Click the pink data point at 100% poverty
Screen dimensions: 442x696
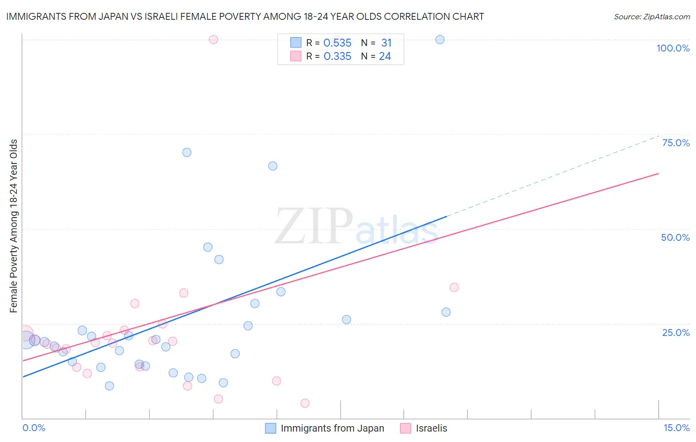click(213, 40)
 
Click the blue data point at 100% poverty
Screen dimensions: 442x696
click(440, 40)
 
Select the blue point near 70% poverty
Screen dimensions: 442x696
click(187, 152)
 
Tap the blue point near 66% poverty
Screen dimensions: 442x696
click(273, 166)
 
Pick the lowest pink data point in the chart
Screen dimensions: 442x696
click(305, 403)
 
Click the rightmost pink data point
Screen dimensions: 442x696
click(454, 287)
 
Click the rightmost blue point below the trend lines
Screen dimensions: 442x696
click(446, 312)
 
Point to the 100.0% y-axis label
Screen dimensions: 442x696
click(673, 48)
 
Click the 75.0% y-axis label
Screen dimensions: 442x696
click(676, 143)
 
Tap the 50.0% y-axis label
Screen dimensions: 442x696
click(675, 237)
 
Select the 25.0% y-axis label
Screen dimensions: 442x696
click(676, 332)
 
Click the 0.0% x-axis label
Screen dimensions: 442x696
click(34, 428)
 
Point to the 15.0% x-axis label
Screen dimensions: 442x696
click(676, 428)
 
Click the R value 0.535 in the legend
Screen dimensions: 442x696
click(337, 43)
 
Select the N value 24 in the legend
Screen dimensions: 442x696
click(385, 56)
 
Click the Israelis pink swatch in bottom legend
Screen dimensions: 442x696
click(405, 428)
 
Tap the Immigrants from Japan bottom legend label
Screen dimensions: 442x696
click(332, 428)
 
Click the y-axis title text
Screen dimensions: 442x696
click(14, 226)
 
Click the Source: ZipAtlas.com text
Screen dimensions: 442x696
click(651, 17)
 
